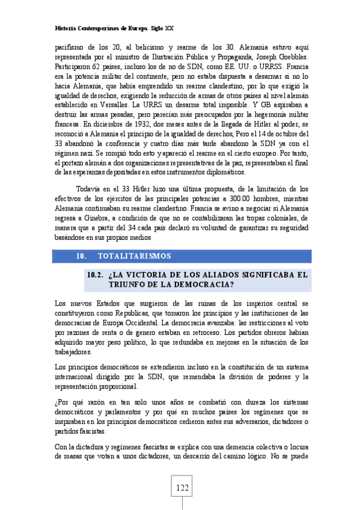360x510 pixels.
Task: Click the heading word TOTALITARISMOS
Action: click(x=134, y=256)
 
